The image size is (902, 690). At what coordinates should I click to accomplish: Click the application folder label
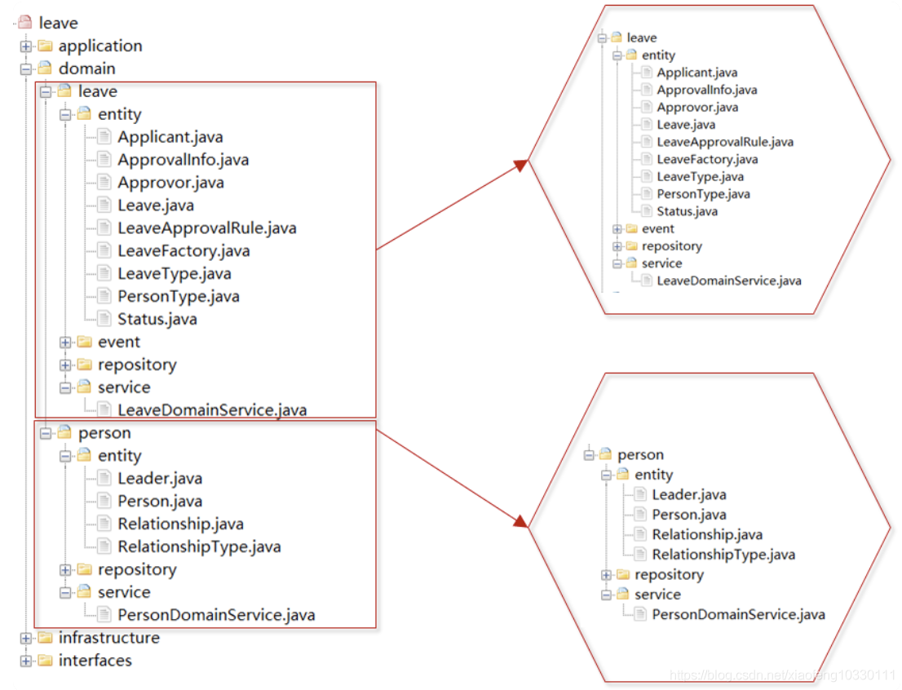tap(100, 46)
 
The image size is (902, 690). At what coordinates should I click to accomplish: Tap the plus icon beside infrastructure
tap(26, 638)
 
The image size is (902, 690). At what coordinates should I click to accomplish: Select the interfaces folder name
tap(95, 660)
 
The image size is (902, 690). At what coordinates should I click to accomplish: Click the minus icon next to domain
tap(26, 69)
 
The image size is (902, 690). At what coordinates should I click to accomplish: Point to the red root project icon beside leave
tap(24, 23)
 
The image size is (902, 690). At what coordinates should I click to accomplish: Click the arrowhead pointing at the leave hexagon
tap(521, 166)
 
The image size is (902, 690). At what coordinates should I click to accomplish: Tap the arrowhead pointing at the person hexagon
tap(521, 521)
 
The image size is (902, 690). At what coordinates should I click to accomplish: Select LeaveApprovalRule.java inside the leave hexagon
tap(725, 142)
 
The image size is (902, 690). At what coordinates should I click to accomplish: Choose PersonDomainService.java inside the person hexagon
tap(738, 615)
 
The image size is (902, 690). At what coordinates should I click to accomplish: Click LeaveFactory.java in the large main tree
tap(183, 251)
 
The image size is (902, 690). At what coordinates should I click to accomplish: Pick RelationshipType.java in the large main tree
tap(199, 546)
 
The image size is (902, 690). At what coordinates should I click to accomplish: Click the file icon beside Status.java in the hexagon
tap(648, 211)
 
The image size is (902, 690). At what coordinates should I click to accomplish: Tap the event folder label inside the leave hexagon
tap(657, 229)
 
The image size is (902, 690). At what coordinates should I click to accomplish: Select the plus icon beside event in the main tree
tap(65, 343)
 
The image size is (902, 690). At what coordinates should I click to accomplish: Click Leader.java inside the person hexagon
tap(688, 495)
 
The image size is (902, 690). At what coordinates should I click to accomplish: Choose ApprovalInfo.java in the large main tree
tap(183, 160)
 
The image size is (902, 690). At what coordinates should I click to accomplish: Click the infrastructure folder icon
tap(46, 638)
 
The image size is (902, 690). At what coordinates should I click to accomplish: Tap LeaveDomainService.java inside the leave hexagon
tap(729, 281)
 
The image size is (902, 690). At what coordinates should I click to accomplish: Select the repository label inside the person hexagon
tap(669, 575)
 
